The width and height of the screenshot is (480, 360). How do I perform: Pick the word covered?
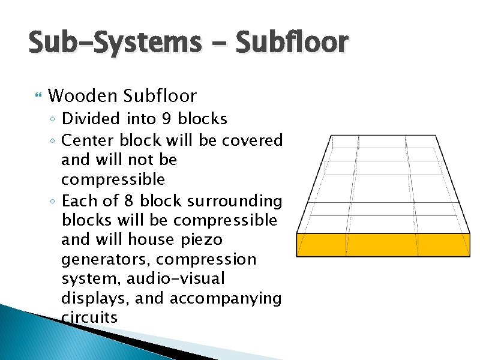coord(252,140)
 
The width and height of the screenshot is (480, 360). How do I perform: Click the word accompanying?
coord(225,298)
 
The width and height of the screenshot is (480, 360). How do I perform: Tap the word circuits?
coord(89,317)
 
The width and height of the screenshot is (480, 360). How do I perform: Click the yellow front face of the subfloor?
coord(383,245)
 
